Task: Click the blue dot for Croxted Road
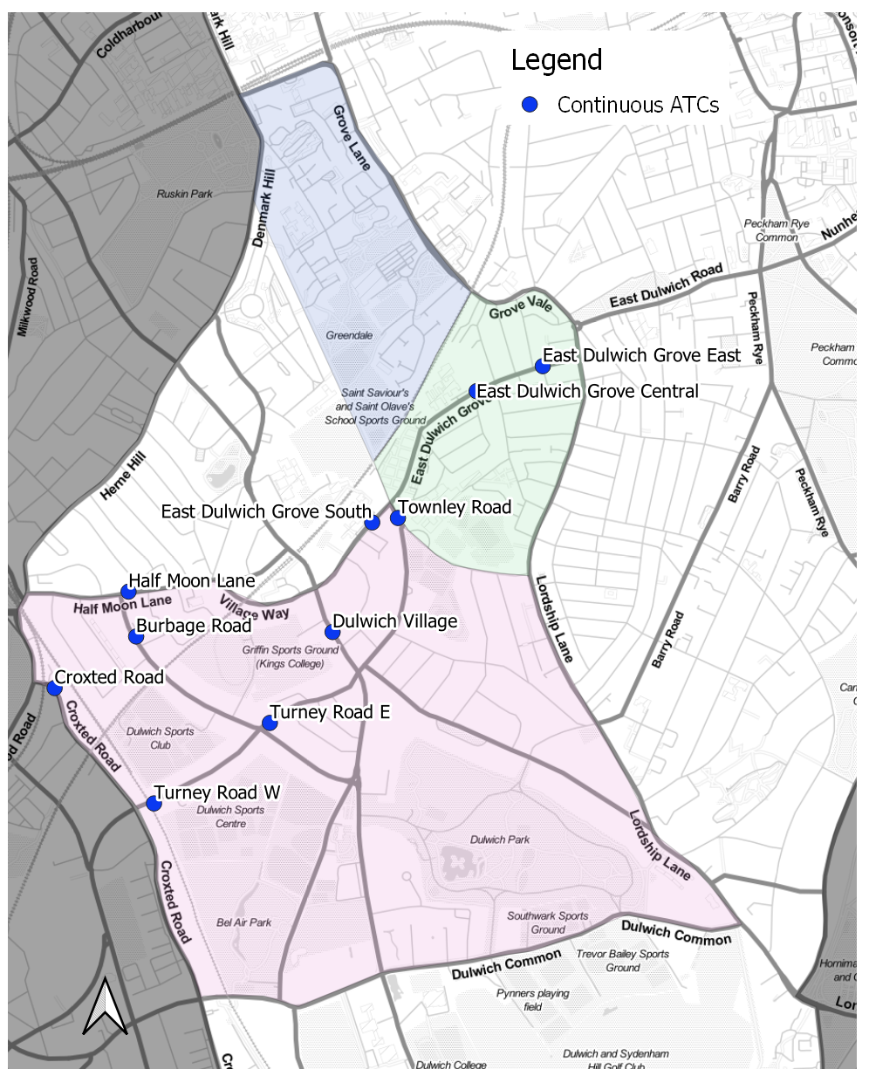tap(54, 688)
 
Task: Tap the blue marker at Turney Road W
tap(154, 803)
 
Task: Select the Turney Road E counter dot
tap(270, 723)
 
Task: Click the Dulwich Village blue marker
tap(332, 632)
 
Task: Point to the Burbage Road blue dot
tap(135, 636)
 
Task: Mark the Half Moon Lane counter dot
tap(128, 591)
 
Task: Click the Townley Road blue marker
tap(397, 517)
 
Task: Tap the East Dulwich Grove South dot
tap(372, 522)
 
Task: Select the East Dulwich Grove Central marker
tap(475, 391)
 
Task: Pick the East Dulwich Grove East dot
tap(542, 366)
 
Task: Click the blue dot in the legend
tap(529, 105)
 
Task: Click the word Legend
tap(557, 60)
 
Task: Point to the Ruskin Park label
tap(184, 194)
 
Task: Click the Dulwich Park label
tap(500, 840)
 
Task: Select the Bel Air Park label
tap(244, 922)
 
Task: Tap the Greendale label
tap(349, 335)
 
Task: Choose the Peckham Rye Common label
tap(777, 230)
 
